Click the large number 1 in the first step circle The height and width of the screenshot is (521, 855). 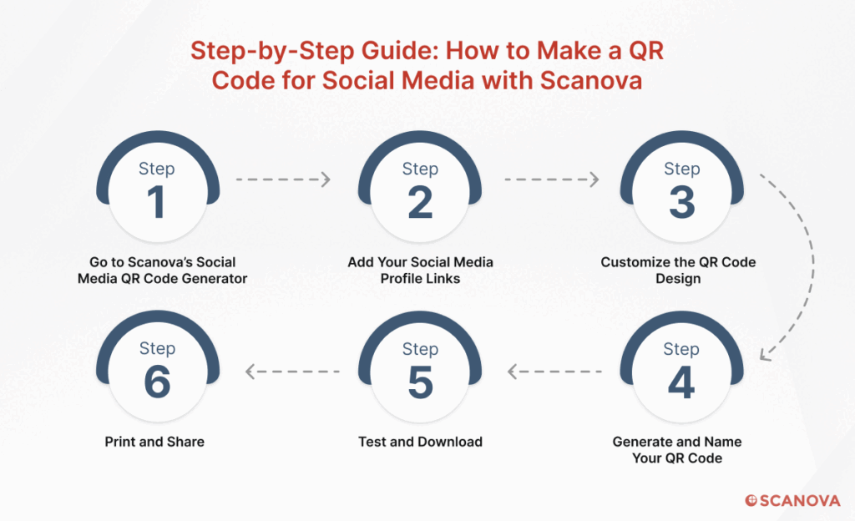coord(156,202)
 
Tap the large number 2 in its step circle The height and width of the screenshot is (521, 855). coord(420,202)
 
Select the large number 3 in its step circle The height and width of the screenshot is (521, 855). coord(682,202)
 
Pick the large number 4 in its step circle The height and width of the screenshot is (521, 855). coord(681,382)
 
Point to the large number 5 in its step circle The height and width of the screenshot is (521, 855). coord(421,382)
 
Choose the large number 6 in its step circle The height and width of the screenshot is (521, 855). coord(157,382)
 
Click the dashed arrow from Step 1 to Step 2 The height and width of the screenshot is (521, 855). coord(283,180)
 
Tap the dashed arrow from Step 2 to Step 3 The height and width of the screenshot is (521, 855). coord(551,180)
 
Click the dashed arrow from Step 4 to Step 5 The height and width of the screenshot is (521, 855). coord(554,372)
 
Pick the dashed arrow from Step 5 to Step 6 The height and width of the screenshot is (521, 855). coord(293,372)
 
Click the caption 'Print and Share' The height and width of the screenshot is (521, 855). coord(154,442)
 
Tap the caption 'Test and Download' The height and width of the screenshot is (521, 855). coord(421,442)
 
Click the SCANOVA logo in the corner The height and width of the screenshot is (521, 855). coord(793,500)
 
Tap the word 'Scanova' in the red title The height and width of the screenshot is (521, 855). coord(591,81)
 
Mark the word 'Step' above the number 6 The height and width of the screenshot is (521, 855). coord(157,349)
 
